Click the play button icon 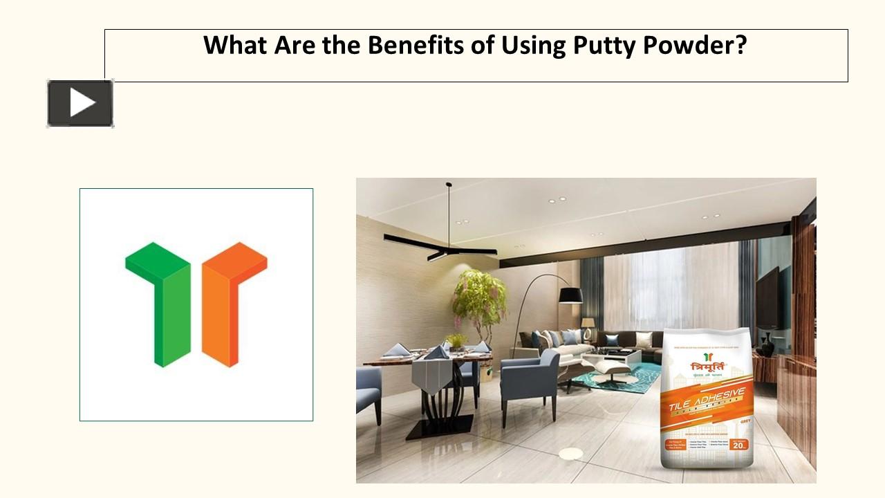pos(80,104)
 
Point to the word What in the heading pos(235,46)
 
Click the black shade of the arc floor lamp pos(570,296)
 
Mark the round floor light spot pos(570,454)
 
